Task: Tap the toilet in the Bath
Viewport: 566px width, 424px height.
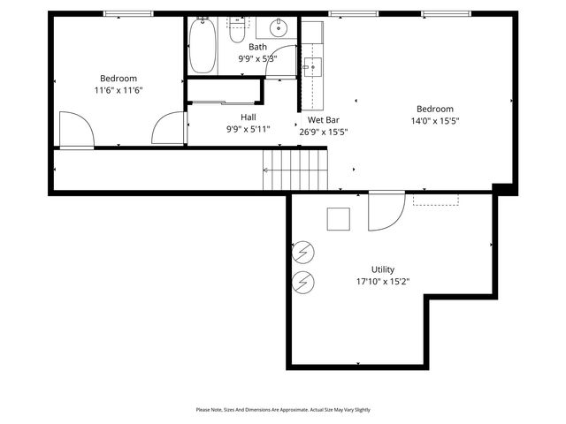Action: point(237,33)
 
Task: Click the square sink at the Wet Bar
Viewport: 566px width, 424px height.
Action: point(311,66)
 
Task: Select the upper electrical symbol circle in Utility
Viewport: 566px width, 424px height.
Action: point(303,254)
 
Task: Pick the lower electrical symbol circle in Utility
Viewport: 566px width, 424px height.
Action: point(303,282)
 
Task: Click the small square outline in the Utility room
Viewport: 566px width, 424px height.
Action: point(339,218)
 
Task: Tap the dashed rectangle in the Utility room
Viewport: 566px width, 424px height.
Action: point(436,200)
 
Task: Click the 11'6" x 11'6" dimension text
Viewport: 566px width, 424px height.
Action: point(119,90)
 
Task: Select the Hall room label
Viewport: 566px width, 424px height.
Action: point(249,117)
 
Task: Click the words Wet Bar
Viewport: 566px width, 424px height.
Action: point(324,119)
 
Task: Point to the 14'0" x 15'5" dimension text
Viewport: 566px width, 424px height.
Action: point(435,121)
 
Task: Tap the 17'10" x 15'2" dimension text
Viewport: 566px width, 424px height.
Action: point(383,282)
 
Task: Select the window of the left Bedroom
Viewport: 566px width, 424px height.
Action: point(129,13)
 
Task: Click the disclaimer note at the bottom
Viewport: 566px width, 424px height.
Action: point(283,410)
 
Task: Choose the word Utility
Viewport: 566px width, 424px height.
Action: point(383,269)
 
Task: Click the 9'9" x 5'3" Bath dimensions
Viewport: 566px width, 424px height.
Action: point(257,58)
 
